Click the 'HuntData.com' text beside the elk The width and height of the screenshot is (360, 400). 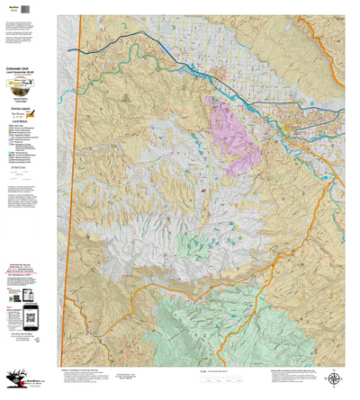coord(36,379)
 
